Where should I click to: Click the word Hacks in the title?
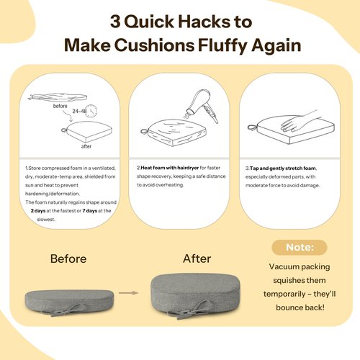(204, 22)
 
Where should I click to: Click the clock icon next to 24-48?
(91, 111)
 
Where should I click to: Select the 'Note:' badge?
(300, 248)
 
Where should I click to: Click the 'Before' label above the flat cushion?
(68, 258)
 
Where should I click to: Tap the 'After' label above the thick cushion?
(197, 258)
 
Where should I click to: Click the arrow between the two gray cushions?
(128, 293)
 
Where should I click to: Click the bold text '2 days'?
(38, 211)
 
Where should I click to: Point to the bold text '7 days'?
(90, 211)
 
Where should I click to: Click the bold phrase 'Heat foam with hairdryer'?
(170, 168)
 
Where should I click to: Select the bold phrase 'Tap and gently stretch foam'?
(283, 168)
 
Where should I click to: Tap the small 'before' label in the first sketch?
(60, 106)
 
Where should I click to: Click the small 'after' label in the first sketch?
(86, 146)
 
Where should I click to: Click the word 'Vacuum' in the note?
(282, 266)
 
